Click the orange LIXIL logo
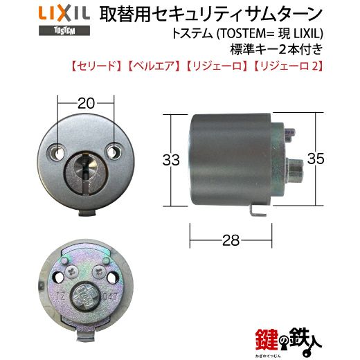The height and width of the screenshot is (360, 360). click(64, 14)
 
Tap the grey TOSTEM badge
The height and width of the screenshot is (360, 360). click(64, 30)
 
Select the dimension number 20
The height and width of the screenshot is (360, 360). click(86, 103)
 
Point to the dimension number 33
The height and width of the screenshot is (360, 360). click(171, 160)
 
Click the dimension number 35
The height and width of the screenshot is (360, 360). click(316, 159)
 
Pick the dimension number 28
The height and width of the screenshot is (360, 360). click(231, 240)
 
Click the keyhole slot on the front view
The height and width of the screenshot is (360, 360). click(85, 172)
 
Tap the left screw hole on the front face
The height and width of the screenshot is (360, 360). click(56, 152)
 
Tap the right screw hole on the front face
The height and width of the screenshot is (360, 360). click(114, 152)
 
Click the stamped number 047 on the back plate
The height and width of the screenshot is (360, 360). click(110, 296)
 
